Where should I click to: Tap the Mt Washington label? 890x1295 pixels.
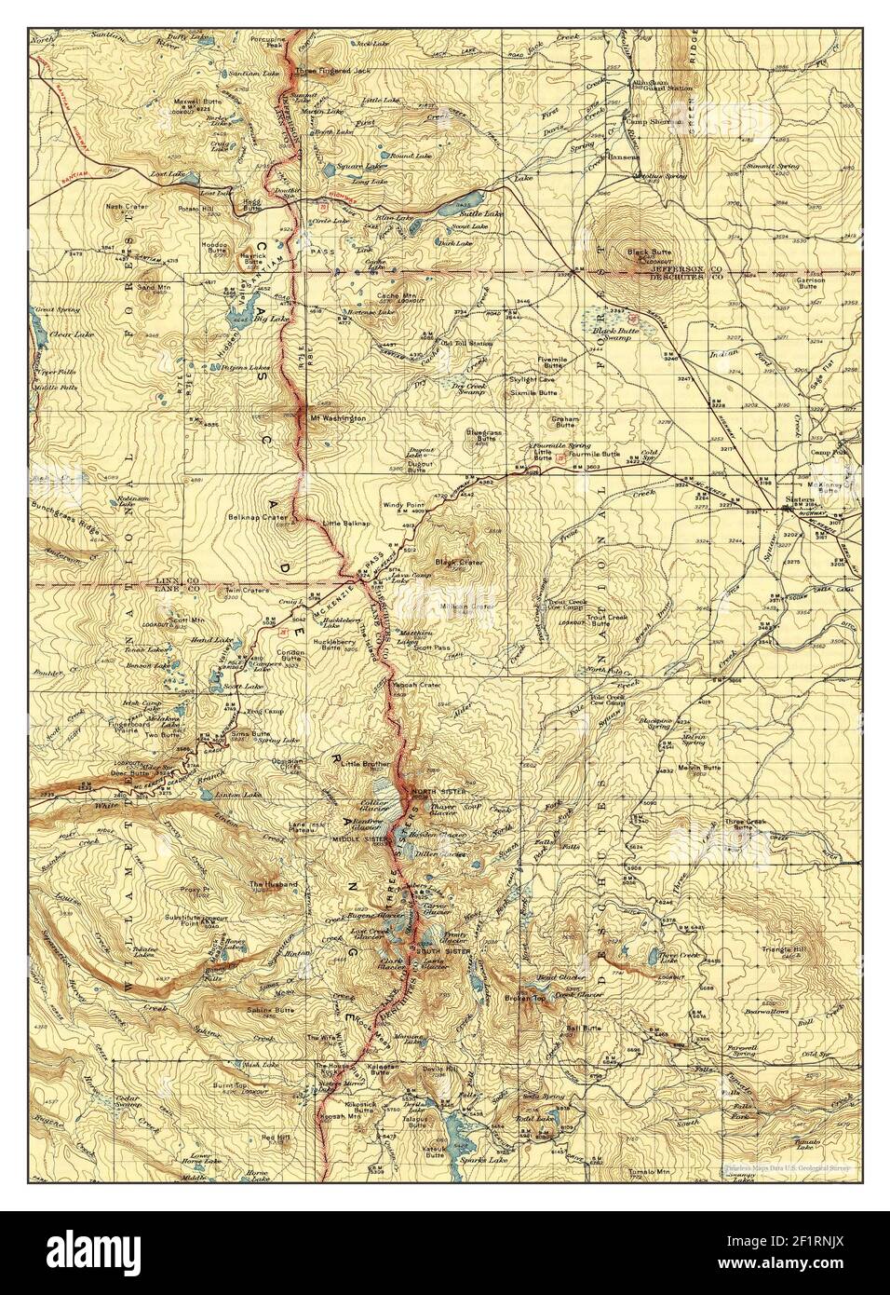(x=338, y=418)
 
